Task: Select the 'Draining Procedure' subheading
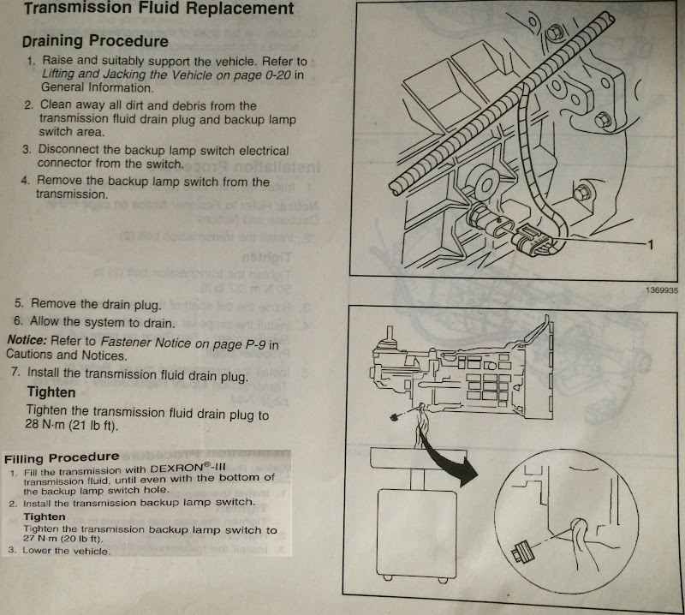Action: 95,41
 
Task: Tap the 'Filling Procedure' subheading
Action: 63,457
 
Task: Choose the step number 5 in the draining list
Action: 19,304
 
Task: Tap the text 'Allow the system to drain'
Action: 102,322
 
